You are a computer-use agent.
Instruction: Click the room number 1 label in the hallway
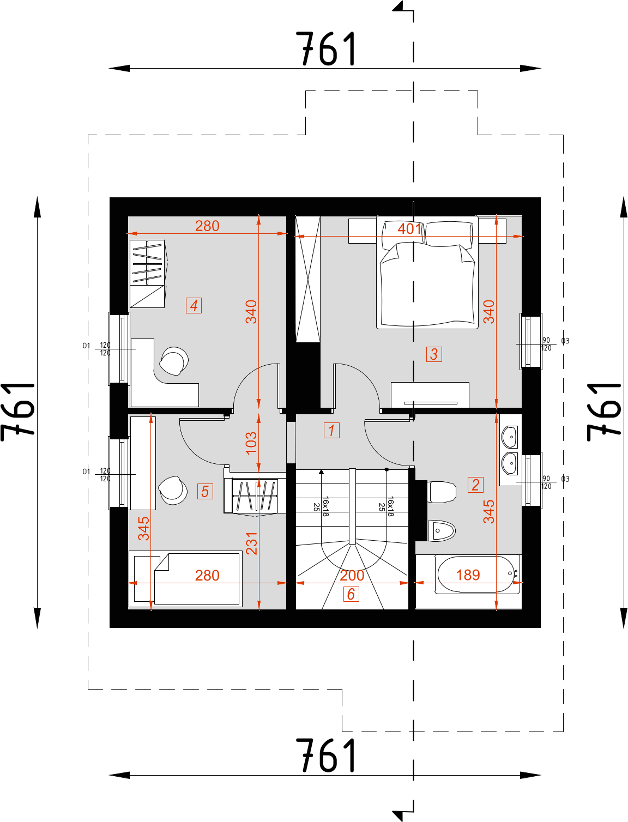331,430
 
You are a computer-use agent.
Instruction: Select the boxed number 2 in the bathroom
475,485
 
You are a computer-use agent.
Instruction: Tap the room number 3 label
434,354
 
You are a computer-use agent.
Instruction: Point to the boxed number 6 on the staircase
351,594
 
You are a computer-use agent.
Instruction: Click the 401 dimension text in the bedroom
409,229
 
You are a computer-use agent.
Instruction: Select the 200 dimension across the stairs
352,576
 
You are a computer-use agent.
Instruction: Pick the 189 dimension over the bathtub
468,575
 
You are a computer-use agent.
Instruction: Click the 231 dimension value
251,543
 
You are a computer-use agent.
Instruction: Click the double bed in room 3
427,278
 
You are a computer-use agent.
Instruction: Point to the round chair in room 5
173,489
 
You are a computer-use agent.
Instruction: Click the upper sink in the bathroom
510,437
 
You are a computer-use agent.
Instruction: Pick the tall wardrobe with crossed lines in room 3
307,279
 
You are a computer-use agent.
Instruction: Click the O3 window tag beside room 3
565,341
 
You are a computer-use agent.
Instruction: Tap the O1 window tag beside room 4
86,346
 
